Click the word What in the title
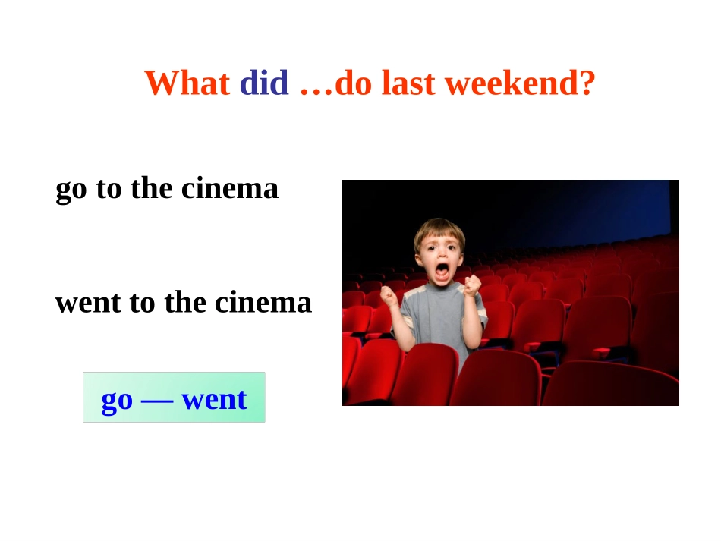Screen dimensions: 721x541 click(187, 83)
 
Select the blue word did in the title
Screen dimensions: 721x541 click(264, 83)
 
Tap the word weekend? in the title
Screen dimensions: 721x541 click(520, 83)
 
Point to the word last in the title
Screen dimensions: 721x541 click(408, 83)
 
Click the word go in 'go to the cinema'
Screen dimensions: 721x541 click(71, 190)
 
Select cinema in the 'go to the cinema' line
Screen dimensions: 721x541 click(230, 188)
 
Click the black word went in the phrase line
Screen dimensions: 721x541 click(88, 304)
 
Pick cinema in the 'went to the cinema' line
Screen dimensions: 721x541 click(263, 303)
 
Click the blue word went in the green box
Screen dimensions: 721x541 click(214, 399)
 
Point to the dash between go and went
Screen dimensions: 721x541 click(157, 401)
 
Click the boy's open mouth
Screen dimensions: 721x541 click(442, 272)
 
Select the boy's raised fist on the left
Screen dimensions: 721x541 click(389, 296)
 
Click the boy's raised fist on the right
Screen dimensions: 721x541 click(472, 286)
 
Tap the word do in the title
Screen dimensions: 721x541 click(353, 83)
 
